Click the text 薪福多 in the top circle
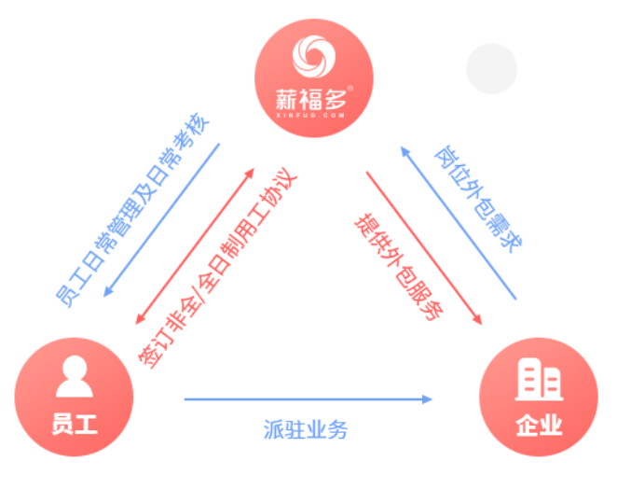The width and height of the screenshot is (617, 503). pyautogui.click(x=313, y=98)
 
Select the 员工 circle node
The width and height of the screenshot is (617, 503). pyautogui.click(x=74, y=397)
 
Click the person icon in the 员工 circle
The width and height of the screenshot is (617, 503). pyautogui.click(x=74, y=377)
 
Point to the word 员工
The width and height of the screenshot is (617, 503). pyautogui.click(x=74, y=425)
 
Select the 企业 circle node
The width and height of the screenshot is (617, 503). pyautogui.click(x=538, y=397)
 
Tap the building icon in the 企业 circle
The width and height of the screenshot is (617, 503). pyautogui.click(x=538, y=379)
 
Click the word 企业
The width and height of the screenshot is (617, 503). pyautogui.click(x=538, y=426)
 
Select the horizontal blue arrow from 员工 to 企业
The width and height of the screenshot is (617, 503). pyautogui.click(x=308, y=399)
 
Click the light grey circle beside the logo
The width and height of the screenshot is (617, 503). pyautogui.click(x=491, y=68)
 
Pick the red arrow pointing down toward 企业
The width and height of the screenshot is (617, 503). pyautogui.click(x=424, y=248)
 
